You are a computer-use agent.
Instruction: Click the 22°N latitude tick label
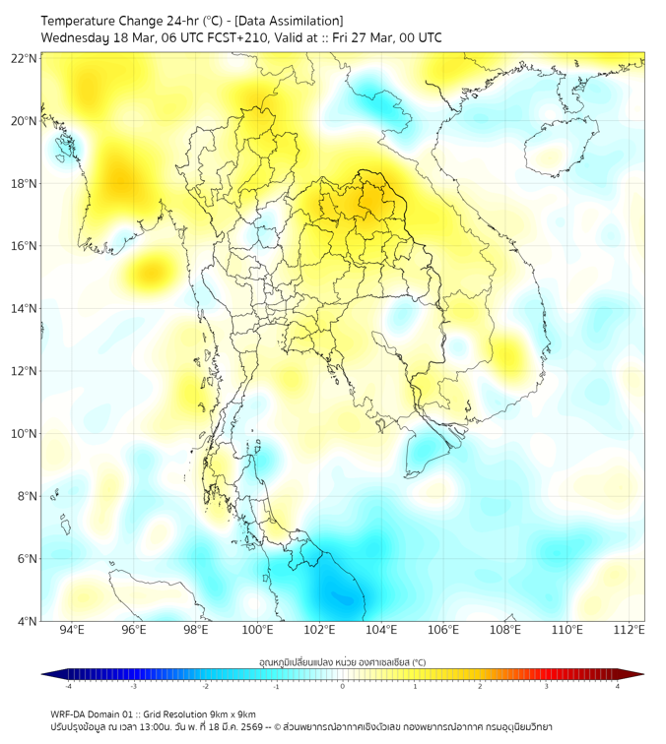tap(25, 58)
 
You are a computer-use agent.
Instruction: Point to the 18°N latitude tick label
tap(25, 183)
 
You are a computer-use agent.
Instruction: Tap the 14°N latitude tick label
tap(25, 308)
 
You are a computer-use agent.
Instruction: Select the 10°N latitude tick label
tap(25, 433)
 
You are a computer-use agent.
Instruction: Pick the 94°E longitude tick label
tap(72, 630)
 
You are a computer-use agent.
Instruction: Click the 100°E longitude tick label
tap(257, 630)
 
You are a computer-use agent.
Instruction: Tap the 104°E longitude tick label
tap(381, 630)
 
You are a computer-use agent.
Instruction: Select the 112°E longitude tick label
tap(630, 630)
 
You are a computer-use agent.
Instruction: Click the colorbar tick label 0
tap(343, 686)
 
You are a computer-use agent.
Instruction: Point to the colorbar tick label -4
tap(67, 686)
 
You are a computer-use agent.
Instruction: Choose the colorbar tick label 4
tap(618, 686)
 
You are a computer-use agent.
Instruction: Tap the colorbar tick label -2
tap(205, 686)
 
